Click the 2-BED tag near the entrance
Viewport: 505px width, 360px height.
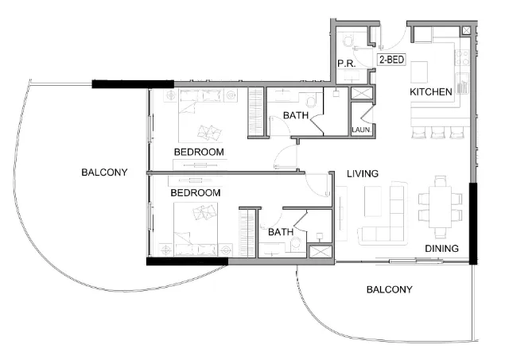click(x=390, y=60)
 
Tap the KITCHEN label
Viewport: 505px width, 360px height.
click(x=430, y=92)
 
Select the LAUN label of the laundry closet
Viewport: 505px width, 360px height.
click(x=360, y=130)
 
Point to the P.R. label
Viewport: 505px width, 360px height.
click(x=345, y=64)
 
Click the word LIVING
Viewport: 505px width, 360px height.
click(x=362, y=173)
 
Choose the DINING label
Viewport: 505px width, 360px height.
click(x=441, y=249)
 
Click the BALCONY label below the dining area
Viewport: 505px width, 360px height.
click(x=389, y=289)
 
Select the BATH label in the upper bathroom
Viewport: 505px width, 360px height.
click(x=296, y=116)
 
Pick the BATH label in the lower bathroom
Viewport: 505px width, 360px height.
click(x=280, y=232)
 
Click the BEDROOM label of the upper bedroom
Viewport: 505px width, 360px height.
click(x=199, y=151)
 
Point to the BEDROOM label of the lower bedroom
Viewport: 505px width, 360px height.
click(x=195, y=192)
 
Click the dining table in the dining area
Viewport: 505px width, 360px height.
click(x=439, y=201)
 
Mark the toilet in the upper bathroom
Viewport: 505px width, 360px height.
click(x=311, y=102)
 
